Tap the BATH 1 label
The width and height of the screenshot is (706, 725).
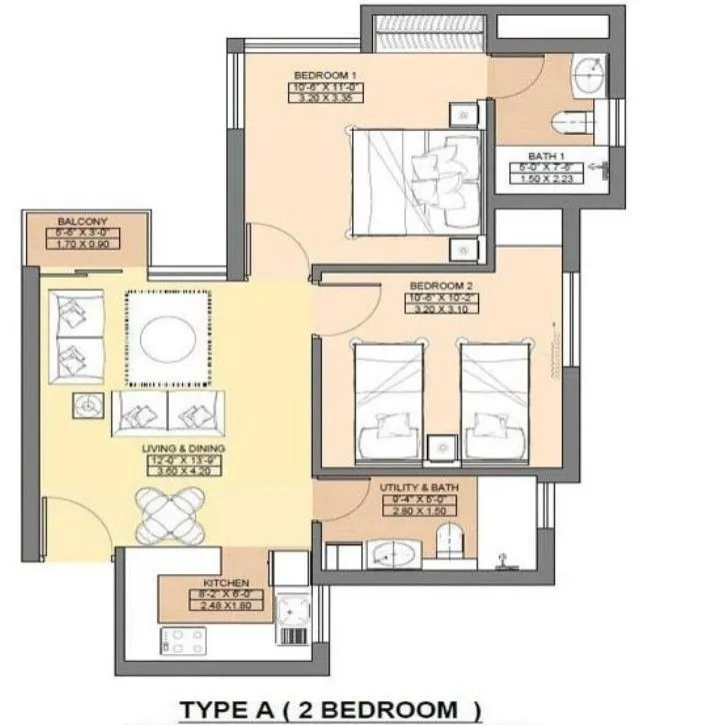click(548, 156)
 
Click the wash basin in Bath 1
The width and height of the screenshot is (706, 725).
click(589, 74)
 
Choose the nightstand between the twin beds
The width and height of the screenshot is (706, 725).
click(438, 446)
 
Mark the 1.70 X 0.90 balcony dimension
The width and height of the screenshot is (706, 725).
click(83, 244)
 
